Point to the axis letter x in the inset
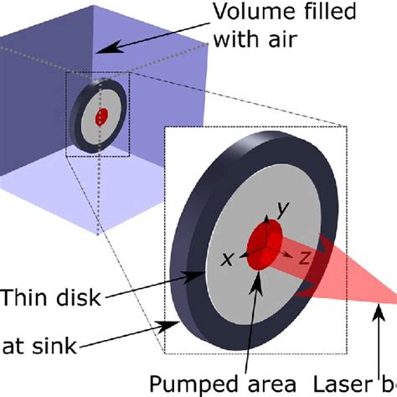226,259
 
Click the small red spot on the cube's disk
101,118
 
